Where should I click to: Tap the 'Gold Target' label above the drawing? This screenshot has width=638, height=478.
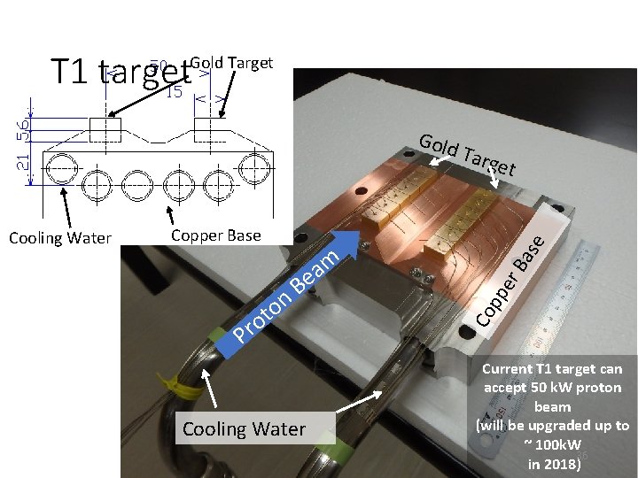231,63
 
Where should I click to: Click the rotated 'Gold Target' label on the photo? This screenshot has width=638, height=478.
467,154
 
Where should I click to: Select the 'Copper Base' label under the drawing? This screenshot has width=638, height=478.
215,235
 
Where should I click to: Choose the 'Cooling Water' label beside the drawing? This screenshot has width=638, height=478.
60,237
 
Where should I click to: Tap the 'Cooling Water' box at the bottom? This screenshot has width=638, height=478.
244,429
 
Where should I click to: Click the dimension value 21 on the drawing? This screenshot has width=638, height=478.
24,160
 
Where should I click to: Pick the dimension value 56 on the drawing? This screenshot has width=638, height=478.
24,128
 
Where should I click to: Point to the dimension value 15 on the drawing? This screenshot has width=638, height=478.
174,91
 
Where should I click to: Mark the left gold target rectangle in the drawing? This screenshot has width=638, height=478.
105,129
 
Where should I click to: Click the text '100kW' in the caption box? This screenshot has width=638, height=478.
558,444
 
